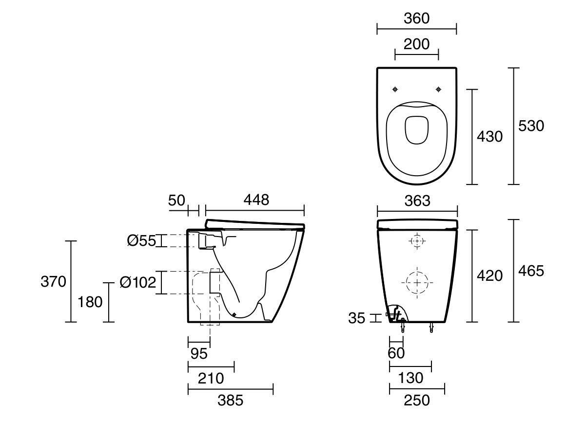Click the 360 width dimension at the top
pyautogui.click(x=417, y=18)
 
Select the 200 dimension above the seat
pyautogui.click(x=417, y=44)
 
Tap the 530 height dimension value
pyautogui.click(x=531, y=126)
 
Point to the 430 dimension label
pyautogui.click(x=489, y=137)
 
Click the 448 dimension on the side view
pyautogui.click(x=255, y=200)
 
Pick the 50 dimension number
pyautogui.click(x=177, y=200)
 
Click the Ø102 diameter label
pyautogui.click(x=137, y=282)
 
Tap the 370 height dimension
pyautogui.click(x=53, y=281)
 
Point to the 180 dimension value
pyautogui.click(x=90, y=302)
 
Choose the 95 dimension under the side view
pyautogui.click(x=199, y=354)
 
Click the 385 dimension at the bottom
pyautogui.click(x=230, y=400)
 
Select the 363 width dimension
pyautogui.click(x=417, y=201)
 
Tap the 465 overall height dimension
pyautogui.click(x=531, y=271)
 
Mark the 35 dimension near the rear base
pyautogui.click(x=357, y=318)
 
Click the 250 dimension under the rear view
pyautogui.click(x=417, y=400)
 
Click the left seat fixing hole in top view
pyautogui.click(x=395, y=89)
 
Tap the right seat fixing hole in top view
pyautogui.click(x=438, y=89)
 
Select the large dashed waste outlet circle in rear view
pyautogui.click(x=416, y=282)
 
